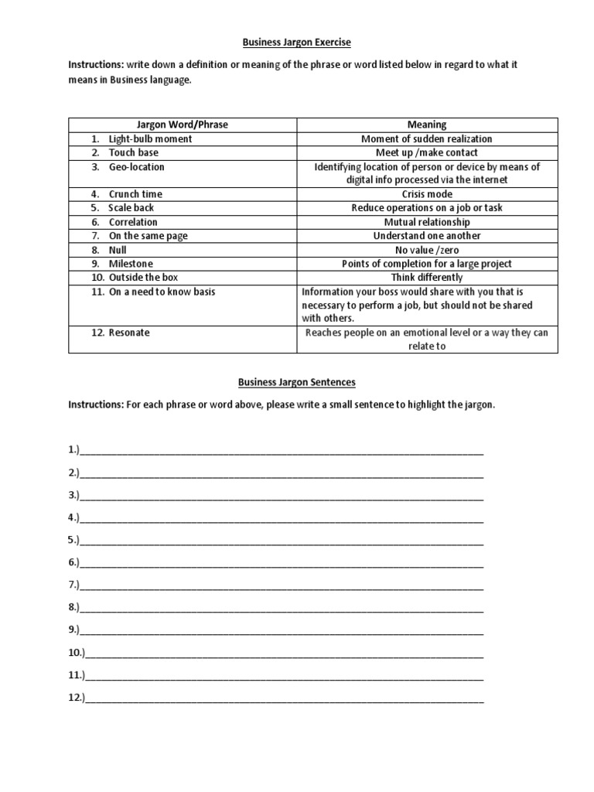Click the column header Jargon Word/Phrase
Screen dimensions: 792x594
coord(182,125)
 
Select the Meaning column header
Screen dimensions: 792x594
coord(427,125)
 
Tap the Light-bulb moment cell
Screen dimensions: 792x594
coord(150,138)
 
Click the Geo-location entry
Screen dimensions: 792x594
coord(136,166)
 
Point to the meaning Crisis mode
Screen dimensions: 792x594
coord(427,194)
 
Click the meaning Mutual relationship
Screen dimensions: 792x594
coord(427,222)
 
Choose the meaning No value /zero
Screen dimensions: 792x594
coord(427,250)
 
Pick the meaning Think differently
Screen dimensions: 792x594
coord(427,277)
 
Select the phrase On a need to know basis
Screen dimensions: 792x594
coord(162,292)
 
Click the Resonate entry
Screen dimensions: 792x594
coord(129,333)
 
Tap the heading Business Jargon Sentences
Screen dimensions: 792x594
coord(297,382)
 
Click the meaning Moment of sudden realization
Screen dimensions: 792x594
coord(427,138)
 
